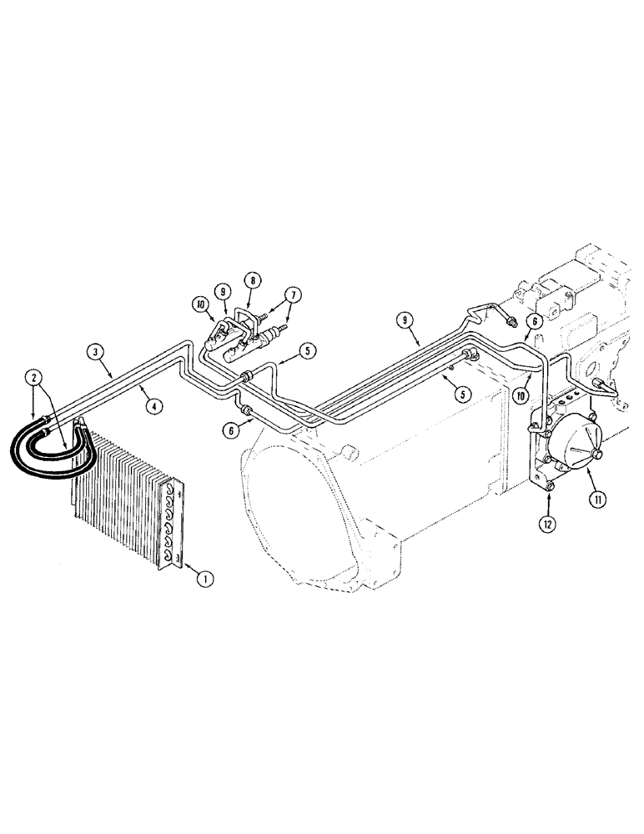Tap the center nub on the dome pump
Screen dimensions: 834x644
point(598,455)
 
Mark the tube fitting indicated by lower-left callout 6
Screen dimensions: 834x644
point(245,410)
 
